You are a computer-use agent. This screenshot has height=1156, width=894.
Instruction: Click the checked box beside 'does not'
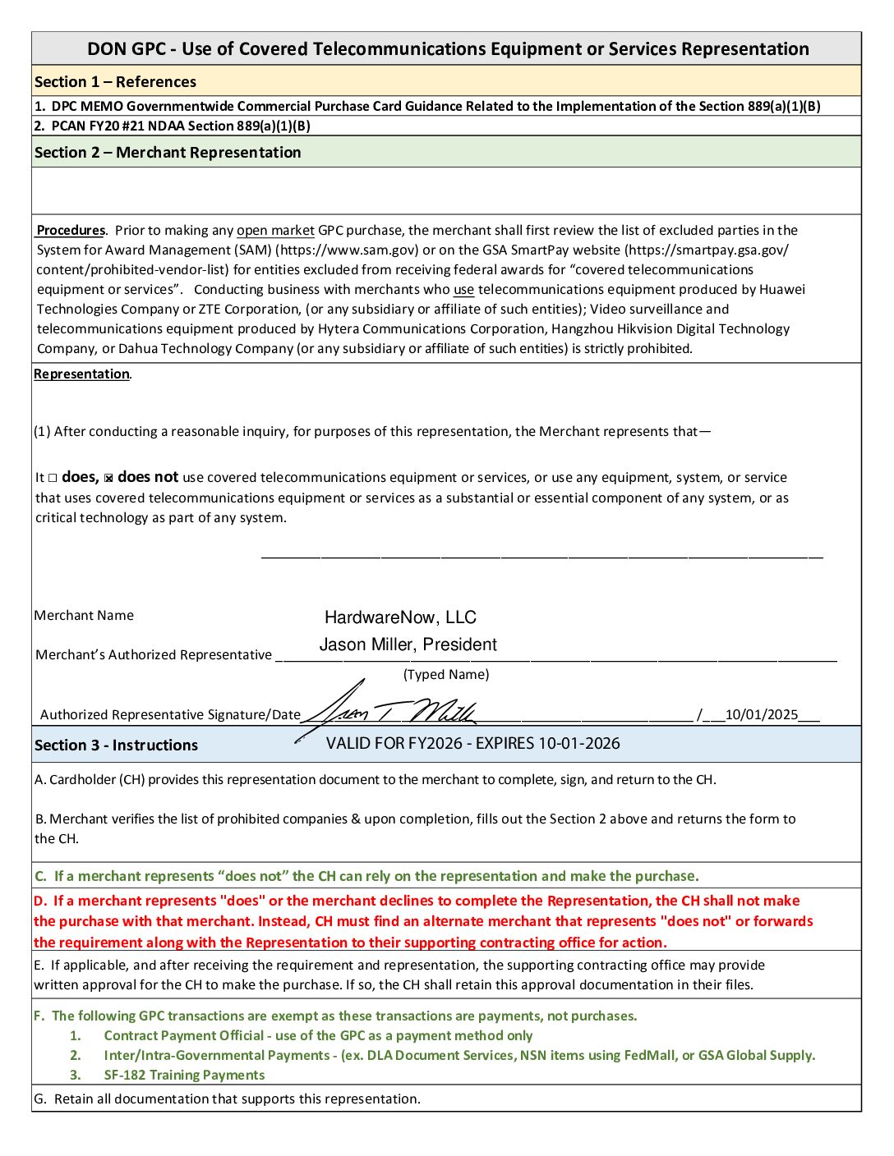(108, 478)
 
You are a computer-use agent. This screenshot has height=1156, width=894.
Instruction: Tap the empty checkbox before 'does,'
(53, 478)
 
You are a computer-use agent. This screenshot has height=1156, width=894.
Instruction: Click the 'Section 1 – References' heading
(115, 82)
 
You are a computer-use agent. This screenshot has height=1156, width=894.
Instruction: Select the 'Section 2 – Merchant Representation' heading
(168, 153)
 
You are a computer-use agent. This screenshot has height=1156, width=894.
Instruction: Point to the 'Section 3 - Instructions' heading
(116, 745)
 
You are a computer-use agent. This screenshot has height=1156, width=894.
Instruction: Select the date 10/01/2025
(761, 714)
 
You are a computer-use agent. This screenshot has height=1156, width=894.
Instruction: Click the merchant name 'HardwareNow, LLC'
(400, 617)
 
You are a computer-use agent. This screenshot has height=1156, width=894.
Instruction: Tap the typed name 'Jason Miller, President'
(408, 645)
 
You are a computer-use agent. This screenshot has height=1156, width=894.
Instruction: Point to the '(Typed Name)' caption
(446, 675)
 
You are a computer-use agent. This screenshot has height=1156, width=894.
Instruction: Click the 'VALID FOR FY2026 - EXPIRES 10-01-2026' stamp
(472, 744)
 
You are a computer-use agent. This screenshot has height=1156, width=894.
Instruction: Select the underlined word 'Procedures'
(71, 231)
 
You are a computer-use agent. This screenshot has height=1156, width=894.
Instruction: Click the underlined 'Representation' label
(81, 374)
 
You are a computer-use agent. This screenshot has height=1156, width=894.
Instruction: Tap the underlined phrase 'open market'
(275, 231)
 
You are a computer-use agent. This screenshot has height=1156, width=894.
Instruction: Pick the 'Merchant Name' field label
(84, 616)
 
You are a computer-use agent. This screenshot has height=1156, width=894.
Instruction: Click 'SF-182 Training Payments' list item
(184, 1076)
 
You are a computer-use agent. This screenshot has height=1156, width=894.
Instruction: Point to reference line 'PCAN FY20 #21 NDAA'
(173, 126)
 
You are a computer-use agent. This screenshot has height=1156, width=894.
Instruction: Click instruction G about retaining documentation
(228, 1099)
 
